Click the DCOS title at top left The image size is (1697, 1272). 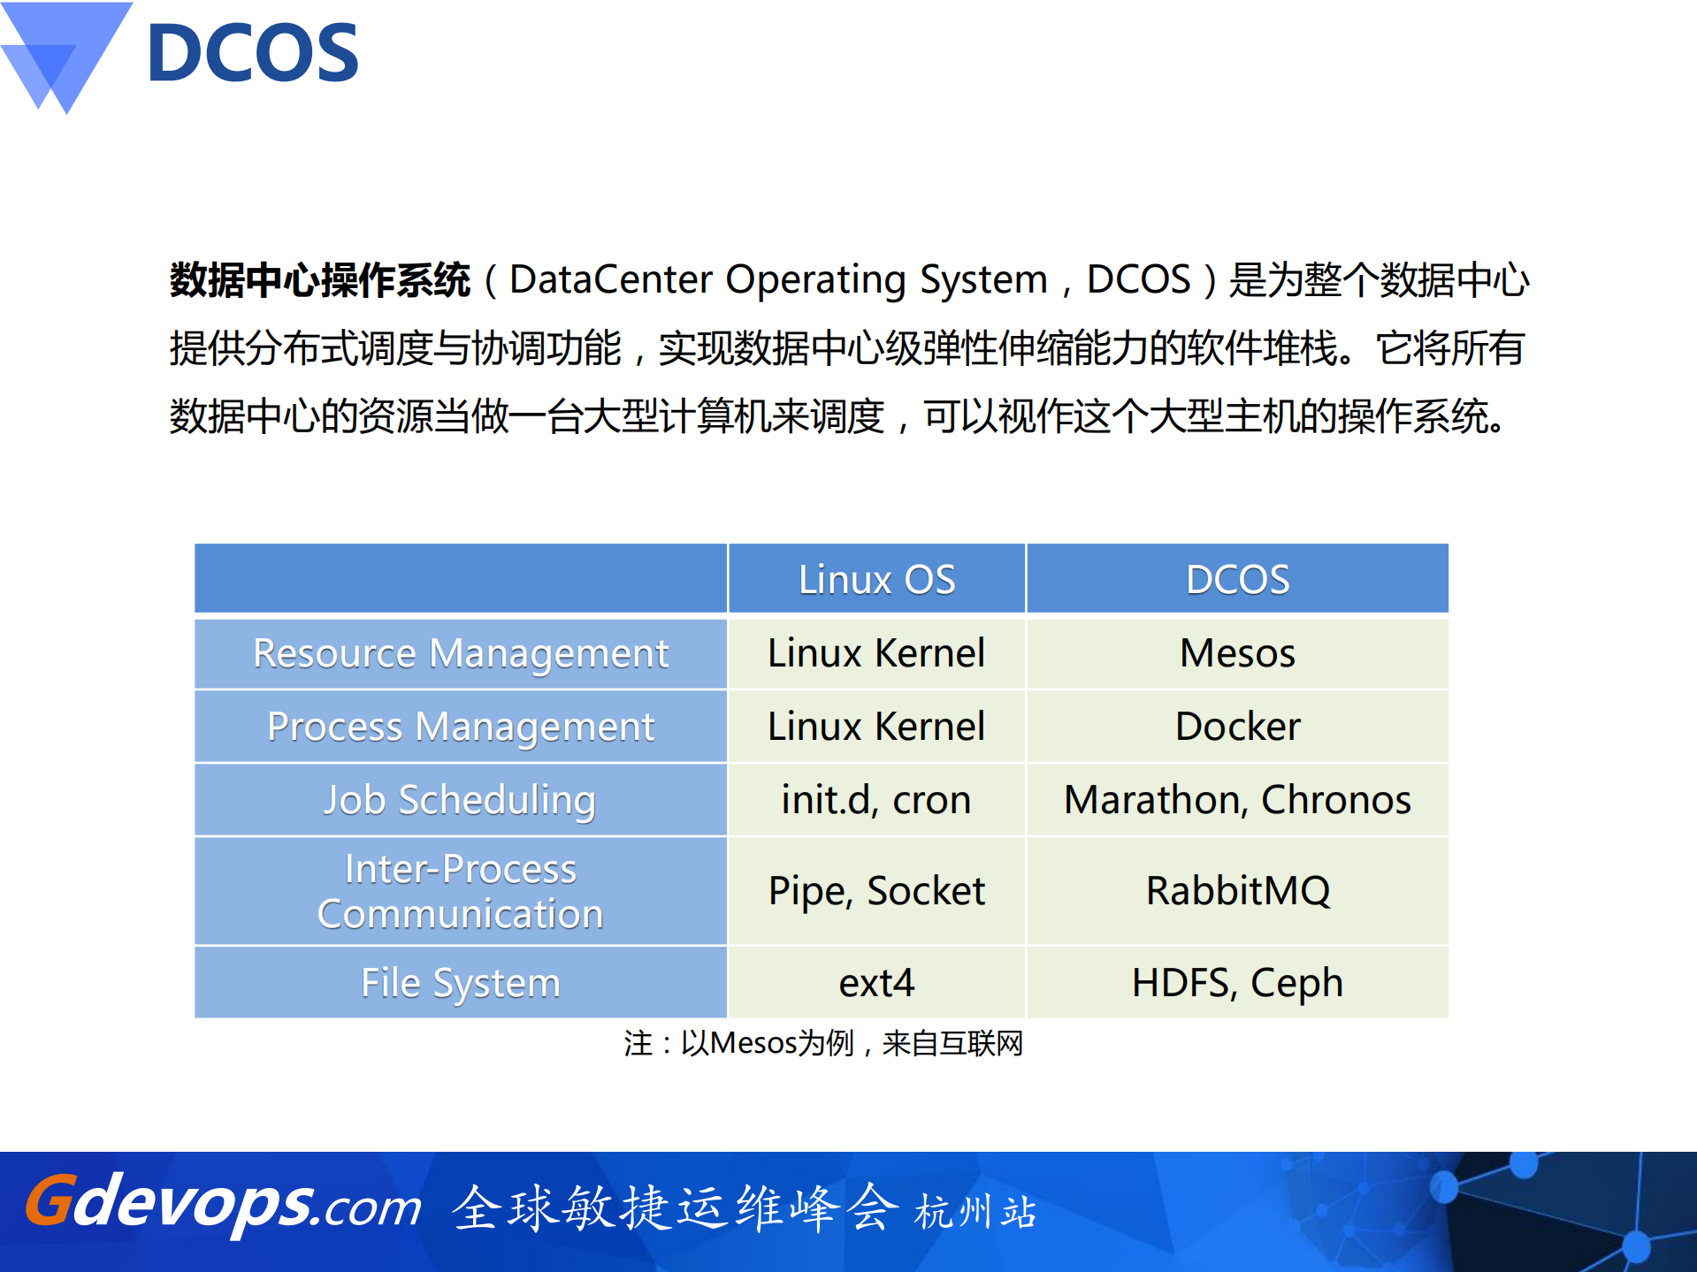[x=253, y=53]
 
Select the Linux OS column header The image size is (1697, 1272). [x=876, y=580]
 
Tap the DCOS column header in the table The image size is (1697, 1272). [x=1237, y=580]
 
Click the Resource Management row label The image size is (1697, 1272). [x=460, y=654]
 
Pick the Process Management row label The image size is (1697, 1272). [x=460, y=727]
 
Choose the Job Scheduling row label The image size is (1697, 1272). [x=460, y=800]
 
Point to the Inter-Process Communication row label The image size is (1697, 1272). [x=460, y=891]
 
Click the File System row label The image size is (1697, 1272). [x=460, y=983]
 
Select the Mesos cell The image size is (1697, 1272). [x=1237, y=654]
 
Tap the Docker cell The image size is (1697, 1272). [x=1237, y=727]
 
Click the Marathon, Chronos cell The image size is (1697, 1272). [x=1237, y=800]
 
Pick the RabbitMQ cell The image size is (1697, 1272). [x=1237, y=891]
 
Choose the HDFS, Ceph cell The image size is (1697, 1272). [x=1237, y=983]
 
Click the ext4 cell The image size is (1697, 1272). [x=876, y=983]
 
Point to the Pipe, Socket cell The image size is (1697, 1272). [x=876, y=891]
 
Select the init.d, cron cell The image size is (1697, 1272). [x=876, y=800]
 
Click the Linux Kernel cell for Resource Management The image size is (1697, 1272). [x=876, y=654]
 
